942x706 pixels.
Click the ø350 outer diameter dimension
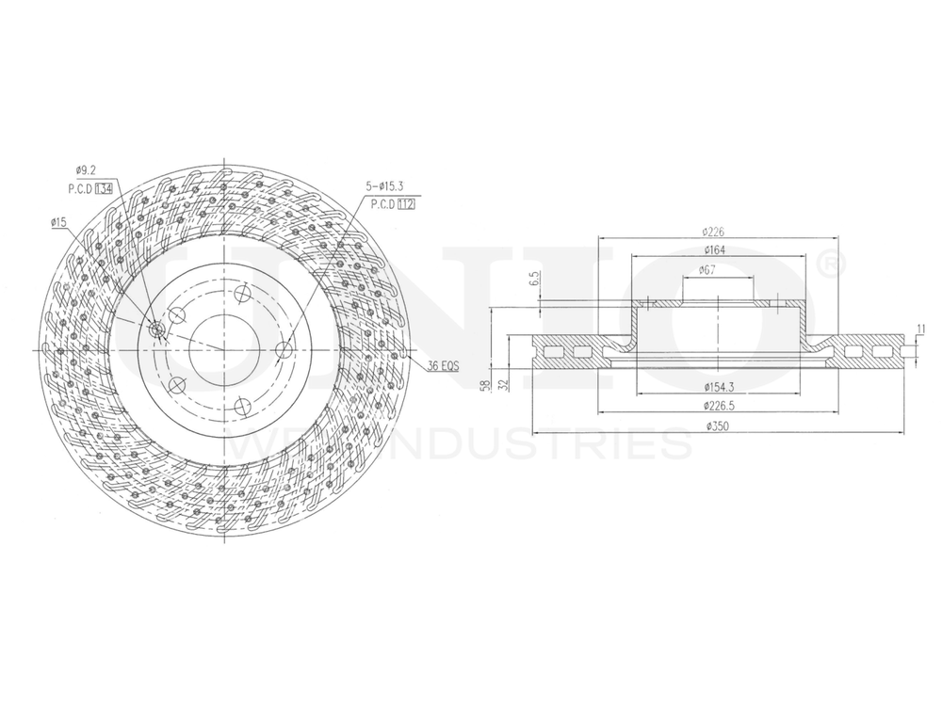721,426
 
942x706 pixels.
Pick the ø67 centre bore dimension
707,271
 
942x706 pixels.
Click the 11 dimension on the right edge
920,329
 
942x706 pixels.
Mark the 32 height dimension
504,385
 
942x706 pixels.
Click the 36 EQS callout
442,365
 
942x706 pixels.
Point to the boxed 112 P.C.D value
406,203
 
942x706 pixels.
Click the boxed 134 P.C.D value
104,188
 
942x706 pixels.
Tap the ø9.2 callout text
86,170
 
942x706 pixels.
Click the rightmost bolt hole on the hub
285,350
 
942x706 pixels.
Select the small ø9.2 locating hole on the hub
156,330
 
